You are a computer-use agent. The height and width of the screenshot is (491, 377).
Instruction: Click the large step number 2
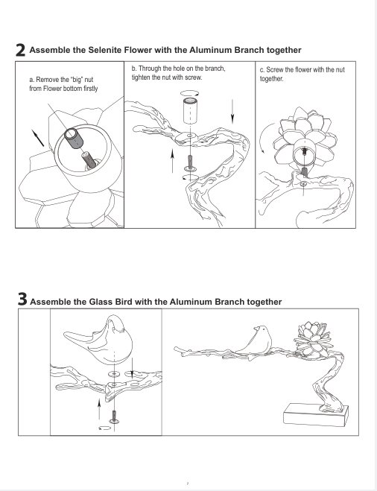pyautogui.click(x=20, y=51)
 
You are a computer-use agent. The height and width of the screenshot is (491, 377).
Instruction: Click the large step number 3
pyautogui.click(x=22, y=299)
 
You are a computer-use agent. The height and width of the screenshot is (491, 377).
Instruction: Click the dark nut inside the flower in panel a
pyautogui.click(x=74, y=138)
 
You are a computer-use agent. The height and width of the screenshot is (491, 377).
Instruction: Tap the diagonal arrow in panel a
pyautogui.click(x=38, y=138)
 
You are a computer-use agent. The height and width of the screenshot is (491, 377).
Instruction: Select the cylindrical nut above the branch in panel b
pyautogui.click(x=191, y=110)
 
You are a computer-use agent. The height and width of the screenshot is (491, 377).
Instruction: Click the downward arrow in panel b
pyautogui.click(x=232, y=112)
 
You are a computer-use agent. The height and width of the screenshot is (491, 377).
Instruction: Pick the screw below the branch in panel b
pyautogui.click(x=191, y=163)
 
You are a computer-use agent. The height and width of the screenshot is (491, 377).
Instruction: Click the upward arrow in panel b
pyautogui.click(x=173, y=161)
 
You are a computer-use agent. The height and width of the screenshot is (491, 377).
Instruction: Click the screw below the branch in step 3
pyautogui.click(x=114, y=417)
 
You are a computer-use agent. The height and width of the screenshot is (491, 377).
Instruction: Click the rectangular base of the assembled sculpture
pyautogui.click(x=316, y=415)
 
